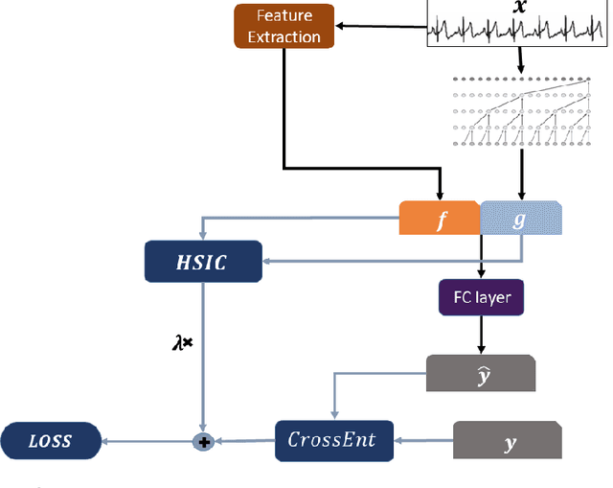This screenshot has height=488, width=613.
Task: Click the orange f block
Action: pos(440,219)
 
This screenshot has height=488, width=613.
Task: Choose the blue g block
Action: pos(520,219)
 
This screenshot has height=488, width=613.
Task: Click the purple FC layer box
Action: pos(482,297)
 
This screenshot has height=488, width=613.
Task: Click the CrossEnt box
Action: pos(331,440)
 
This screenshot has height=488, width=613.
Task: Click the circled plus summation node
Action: pos(202,441)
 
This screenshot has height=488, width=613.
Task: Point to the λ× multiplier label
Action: pos(182,339)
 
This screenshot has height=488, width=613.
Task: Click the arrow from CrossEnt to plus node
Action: pos(243,441)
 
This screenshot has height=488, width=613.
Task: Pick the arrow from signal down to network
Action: pos(520,60)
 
